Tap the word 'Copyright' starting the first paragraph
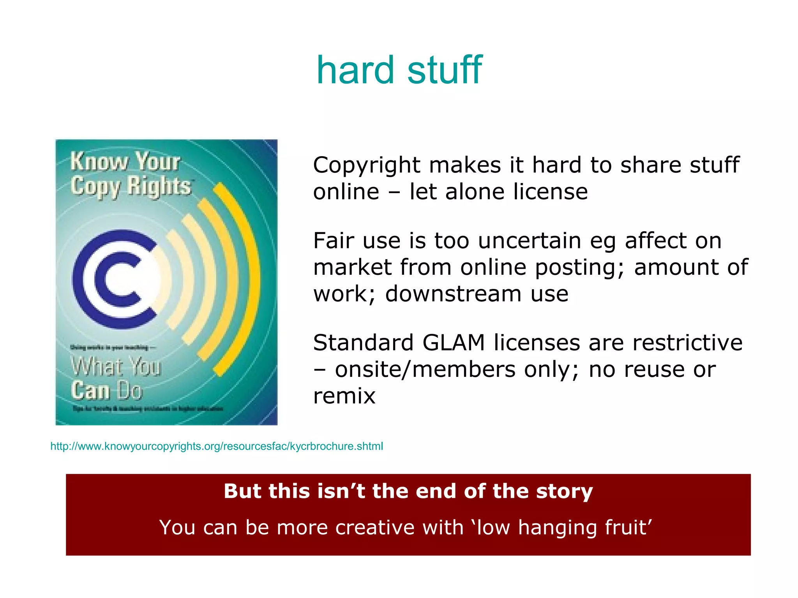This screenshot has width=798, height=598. click(366, 165)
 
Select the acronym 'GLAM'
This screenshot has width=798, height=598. click(453, 343)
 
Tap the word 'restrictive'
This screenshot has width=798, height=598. click(687, 343)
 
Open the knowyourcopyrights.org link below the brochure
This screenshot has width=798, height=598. click(217, 446)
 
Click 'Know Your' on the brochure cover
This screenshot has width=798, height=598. click(125, 161)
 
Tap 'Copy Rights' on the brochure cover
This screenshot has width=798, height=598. click(131, 186)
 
